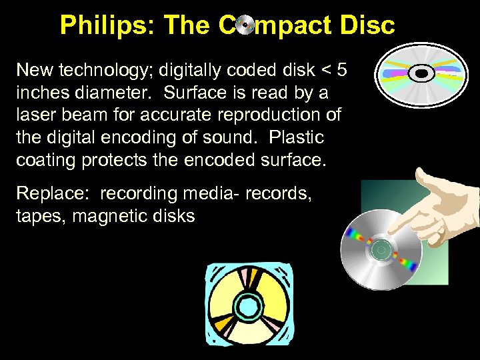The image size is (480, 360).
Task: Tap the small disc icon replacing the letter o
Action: coord(245,25)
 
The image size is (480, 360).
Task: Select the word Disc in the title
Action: coord(366,25)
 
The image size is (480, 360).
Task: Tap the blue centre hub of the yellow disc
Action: coord(248,307)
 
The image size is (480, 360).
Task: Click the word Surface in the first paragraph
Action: coord(193,91)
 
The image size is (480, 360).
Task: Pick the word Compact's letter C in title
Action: coord(226,25)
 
